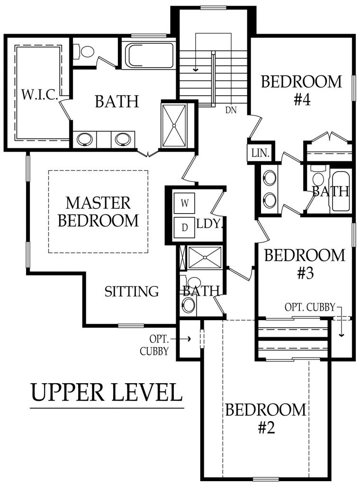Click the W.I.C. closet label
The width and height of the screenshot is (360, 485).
[x=40, y=95]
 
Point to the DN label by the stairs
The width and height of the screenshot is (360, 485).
[x=231, y=111]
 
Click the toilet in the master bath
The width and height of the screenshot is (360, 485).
[x=86, y=51]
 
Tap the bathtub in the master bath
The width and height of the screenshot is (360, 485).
[x=148, y=55]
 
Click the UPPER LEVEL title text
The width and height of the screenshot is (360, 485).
[x=107, y=392]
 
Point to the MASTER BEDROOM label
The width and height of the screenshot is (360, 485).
[x=98, y=212]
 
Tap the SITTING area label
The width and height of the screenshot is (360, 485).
[x=132, y=291]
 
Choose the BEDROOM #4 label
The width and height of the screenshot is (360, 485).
[x=301, y=90]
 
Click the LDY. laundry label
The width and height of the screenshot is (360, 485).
[x=209, y=224]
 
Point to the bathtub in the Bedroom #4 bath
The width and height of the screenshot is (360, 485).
[x=341, y=191]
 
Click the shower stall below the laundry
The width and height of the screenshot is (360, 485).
[x=205, y=257]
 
